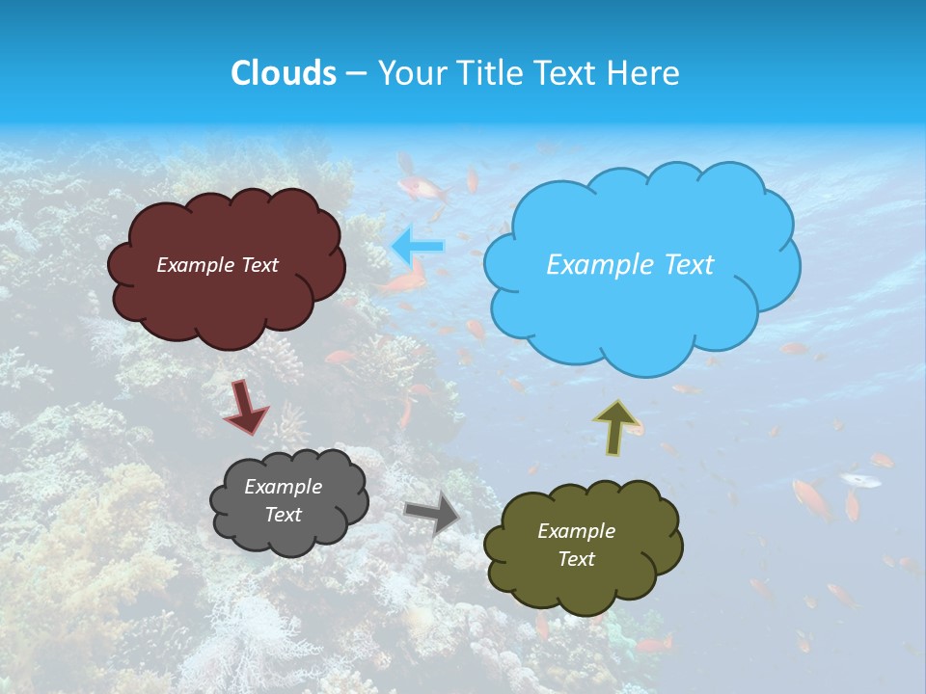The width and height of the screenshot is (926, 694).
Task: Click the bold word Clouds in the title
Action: (x=283, y=73)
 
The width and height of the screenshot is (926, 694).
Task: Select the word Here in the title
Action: (x=645, y=73)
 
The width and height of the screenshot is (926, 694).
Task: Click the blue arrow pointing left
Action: (x=418, y=246)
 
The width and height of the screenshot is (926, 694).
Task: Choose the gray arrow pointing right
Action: (x=432, y=513)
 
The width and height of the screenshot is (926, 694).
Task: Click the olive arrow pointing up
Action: (x=616, y=426)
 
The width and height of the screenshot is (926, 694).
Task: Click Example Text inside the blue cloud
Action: (x=630, y=264)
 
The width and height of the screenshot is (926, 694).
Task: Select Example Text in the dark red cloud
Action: (x=217, y=264)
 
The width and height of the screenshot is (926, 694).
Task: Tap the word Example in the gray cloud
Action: (x=283, y=487)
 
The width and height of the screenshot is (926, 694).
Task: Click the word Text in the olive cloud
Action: (x=576, y=559)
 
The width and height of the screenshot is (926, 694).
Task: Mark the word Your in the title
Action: (x=409, y=73)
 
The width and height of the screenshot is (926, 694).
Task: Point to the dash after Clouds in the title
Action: (x=356, y=74)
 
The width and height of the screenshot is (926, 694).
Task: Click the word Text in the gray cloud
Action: (x=283, y=515)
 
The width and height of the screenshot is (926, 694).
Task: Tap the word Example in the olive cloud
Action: (x=576, y=531)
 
